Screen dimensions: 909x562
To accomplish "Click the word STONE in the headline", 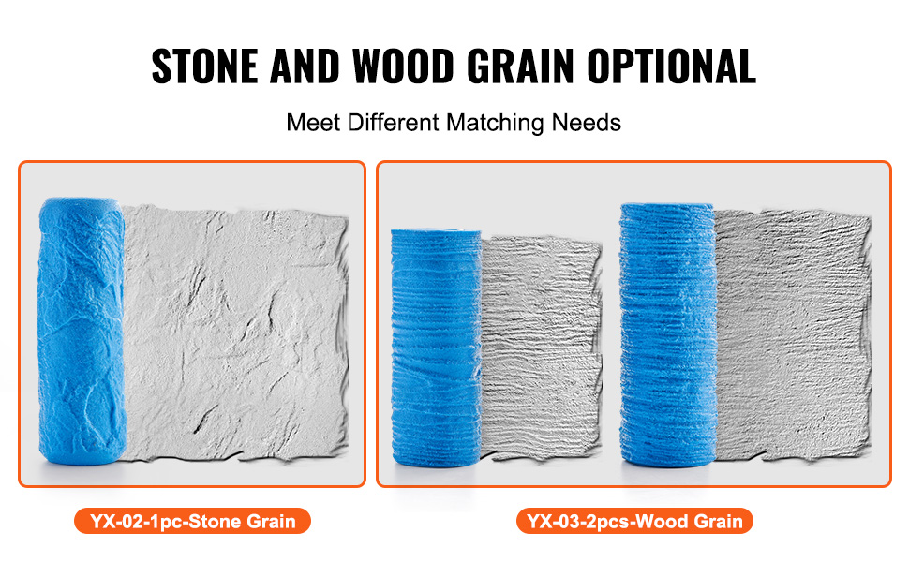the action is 204,67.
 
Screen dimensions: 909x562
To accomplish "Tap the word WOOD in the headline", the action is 403,67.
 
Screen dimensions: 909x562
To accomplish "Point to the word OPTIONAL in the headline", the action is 671,67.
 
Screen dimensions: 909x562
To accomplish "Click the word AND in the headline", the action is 305,67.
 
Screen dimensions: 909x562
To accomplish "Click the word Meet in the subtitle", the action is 313,123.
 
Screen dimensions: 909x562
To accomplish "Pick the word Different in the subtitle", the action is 393,123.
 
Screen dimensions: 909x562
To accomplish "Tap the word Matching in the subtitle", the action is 495,124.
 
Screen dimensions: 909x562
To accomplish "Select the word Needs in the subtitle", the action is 586,123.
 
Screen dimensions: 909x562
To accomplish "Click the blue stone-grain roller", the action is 82,331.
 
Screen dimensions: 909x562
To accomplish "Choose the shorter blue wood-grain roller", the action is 436,348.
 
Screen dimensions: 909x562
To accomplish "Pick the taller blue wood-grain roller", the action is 668,335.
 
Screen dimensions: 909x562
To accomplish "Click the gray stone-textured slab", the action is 236,333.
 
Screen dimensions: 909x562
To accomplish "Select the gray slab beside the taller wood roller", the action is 793,335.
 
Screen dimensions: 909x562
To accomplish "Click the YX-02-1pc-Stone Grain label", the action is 192,522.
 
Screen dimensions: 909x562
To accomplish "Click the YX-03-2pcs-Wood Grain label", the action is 634,522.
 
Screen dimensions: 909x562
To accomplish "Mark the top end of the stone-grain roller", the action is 81,201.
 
